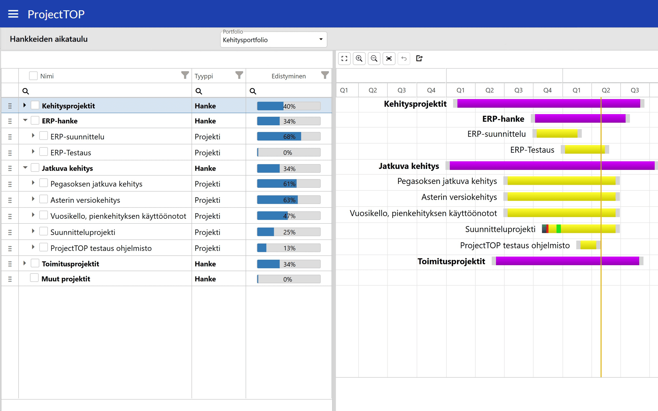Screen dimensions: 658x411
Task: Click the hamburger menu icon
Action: pos(13,14)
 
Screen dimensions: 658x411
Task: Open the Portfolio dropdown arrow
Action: pos(321,39)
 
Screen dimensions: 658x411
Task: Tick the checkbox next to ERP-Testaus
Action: pos(43,152)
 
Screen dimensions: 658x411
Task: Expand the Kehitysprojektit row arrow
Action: pos(24,105)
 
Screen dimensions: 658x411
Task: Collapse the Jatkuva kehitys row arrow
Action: pos(25,168)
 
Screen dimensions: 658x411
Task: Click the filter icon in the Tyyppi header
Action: pos(239,75)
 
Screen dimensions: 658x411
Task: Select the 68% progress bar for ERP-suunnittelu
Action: pos(289,136)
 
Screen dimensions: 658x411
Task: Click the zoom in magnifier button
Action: pos(359,58)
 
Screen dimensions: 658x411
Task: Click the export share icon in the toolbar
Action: pos(419,58)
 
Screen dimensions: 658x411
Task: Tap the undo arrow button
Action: pos(404,58)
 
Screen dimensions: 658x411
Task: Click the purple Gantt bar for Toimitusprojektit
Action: pos(567,261)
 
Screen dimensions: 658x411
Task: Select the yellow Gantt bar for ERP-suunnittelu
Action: pos(557,134)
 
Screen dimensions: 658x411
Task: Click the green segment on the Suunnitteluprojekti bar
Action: pos(558,229)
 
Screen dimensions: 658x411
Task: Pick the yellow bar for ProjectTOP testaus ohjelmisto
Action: pos(588,245)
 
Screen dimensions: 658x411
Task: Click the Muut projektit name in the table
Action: pos(66,279)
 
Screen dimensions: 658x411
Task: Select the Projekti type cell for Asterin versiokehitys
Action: pos(207,200)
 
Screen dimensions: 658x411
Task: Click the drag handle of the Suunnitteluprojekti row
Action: pos(10,232)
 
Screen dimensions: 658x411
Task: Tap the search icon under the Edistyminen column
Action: pos(253,91)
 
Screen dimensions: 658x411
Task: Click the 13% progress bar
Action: pos(289,248)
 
